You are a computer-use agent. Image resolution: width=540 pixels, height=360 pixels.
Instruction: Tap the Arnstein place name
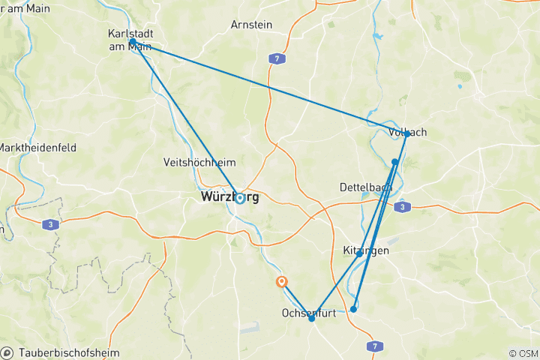pyautogui.click(x=251, y=25)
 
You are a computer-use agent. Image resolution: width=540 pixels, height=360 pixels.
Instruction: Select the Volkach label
pyautogui.click(x=408, y=132)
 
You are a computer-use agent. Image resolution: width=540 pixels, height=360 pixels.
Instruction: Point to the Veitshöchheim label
pyautogui.click(x=199, y=162)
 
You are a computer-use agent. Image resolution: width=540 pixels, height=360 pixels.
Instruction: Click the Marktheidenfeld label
pyautogui.click(x=37, y=147)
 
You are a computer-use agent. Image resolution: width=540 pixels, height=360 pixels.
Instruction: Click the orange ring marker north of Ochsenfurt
pyautogui.click(x=281, y=282)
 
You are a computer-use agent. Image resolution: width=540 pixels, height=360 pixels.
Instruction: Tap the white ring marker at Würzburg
pyautogui.click(x=240, y=199)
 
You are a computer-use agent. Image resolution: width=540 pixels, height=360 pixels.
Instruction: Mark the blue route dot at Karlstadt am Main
pyautogui.click(x=133, y=41)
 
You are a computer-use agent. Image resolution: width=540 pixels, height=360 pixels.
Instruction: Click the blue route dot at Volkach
pyautogui.click(x=406, y=134)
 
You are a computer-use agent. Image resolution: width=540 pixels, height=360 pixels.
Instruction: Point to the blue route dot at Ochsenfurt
pyautogui.click(x=312, y=319)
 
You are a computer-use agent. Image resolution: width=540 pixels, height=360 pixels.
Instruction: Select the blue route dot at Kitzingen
pyautogui.click(x=359, y=253)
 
